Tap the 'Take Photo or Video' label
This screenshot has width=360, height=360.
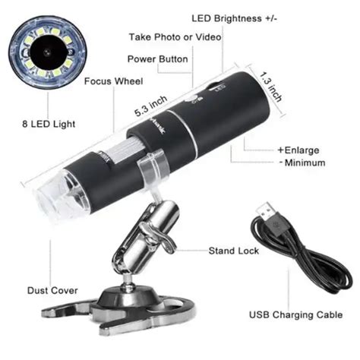pos(175,36)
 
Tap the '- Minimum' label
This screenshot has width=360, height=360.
pos(301,163)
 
